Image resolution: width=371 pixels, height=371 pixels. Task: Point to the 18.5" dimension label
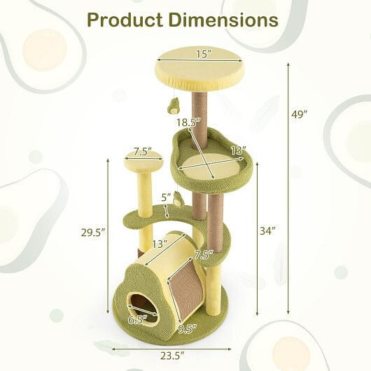click(185, 123)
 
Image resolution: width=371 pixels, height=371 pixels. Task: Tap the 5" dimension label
click(165, 197)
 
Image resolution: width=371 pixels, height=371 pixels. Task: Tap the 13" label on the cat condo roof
click(160, 244)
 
